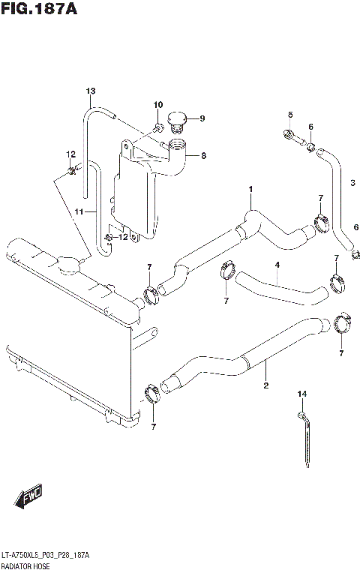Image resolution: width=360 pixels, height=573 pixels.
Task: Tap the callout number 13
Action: (90, 91)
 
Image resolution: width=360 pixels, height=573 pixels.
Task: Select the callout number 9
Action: (202, 118)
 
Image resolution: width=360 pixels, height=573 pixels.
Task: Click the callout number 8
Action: (202, 156)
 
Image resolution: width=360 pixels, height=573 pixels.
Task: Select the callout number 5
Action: (289, 114)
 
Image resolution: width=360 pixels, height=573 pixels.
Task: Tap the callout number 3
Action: (352, 181)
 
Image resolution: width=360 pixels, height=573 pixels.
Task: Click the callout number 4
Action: (277, 265)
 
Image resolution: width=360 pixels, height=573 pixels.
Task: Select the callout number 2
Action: (265, 387)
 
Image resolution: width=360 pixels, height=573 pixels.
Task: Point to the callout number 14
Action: (302, 394)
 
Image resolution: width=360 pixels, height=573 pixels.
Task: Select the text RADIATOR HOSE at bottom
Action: (28, 565)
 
